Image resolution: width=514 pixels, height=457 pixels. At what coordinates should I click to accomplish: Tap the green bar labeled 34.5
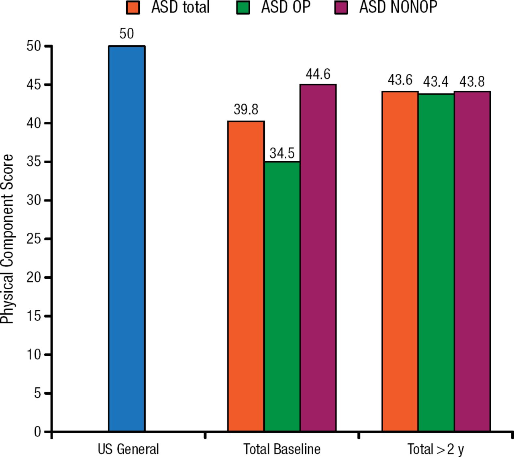(x=282, y=297)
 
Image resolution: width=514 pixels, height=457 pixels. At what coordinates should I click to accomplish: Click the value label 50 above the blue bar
(x=126, y=34)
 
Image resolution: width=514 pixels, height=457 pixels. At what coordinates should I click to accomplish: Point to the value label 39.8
(x=246, y=109)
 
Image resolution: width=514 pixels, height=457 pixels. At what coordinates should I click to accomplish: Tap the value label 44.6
(x=318, y=74)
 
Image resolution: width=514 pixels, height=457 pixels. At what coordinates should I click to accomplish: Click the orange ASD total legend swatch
(x=133, y=7)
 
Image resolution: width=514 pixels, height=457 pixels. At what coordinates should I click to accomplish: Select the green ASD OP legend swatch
(x=243, y=7)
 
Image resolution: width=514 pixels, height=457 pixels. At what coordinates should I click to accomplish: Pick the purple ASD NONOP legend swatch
(x=341, y=7)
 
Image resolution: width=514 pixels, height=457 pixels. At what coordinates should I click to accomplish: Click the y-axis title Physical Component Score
(x=7, y=239)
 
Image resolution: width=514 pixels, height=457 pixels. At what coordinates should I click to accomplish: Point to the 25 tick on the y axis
(x=34, y=239)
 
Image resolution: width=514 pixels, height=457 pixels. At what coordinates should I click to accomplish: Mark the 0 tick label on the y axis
(x=37, y=432)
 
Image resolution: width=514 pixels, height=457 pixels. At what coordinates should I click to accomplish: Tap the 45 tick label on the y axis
(x=34, y=85)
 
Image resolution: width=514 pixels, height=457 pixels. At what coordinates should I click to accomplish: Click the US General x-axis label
(x=128, y=449)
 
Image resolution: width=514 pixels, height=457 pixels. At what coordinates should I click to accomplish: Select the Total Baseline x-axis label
(x=282, y=449)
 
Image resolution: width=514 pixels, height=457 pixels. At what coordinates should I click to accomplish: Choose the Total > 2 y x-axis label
(x=436, y=449)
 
